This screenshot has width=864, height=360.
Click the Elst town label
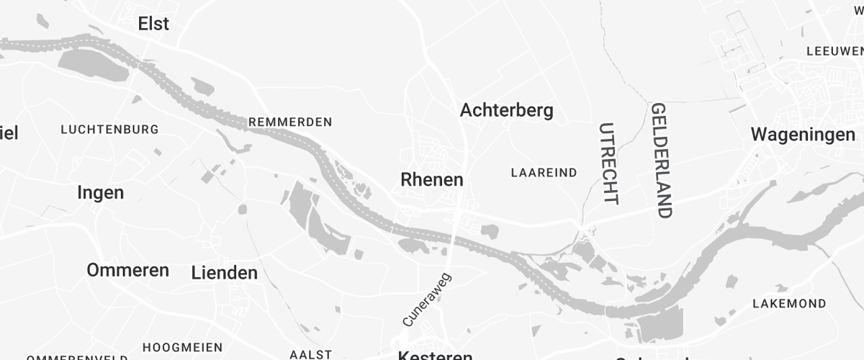[x=153, y=24]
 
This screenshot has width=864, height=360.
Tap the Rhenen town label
[x=432, y=179]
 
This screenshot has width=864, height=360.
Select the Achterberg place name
[x=506, y=110]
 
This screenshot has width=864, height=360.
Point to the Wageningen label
[x=803, y=134]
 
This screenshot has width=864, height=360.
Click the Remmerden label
[x=290, y=122]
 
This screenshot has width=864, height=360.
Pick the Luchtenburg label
[x=109, y=130]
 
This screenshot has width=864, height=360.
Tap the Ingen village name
[x=100, y=193]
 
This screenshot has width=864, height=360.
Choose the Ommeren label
[x=128, y=270]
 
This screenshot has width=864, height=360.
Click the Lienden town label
[x=225, y=273]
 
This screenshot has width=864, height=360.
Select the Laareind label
[x=544, y=173]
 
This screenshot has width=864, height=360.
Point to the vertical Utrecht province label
[x=608, y=163]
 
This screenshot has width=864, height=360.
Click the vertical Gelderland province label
[x=660, y=160]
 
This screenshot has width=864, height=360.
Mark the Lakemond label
[x=789, y=303]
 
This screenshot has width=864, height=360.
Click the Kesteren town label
[x=436, y=356]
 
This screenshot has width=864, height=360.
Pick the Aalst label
[x=310, y=354]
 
